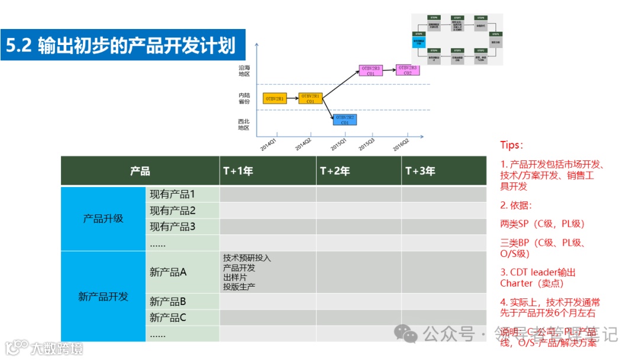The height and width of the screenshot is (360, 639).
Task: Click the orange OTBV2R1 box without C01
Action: click(x=275, y=98)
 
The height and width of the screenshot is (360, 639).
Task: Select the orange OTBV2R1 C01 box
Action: click(x=310, y=98)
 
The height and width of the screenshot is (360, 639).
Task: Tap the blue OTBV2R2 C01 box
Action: click(x=345, y=120)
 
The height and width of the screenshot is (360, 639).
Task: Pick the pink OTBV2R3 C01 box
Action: click(x=370, y=71)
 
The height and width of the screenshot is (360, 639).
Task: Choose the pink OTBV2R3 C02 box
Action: click(x=407, y=70)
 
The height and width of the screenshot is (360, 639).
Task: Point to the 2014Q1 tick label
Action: click(x=268, y=144)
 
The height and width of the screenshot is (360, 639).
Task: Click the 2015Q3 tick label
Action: click(x=367, y=144)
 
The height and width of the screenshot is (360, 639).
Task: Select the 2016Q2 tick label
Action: click(x=401, y=144)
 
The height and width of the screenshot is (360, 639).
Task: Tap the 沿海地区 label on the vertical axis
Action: click(x=244, y=71)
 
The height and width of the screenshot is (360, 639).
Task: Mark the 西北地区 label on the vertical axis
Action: click(x=244, y=124)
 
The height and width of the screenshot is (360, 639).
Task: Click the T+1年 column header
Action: click(x=238, y=171)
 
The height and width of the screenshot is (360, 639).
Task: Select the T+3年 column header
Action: click(x=420, y=171)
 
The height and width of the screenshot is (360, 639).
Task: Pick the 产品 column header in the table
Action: click(x=140, y=171)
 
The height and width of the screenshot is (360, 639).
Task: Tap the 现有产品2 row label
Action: click(x=172, y=210)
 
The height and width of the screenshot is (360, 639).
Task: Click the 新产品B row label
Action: click(x=168, y=301)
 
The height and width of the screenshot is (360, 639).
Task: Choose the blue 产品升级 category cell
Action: click(x=103, y=218)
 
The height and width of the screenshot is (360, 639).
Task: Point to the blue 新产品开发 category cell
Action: click(x=103, y=297)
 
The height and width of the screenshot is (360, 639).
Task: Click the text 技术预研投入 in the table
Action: click(x=247, y=258)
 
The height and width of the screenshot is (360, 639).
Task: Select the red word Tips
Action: click(x=511, y=145)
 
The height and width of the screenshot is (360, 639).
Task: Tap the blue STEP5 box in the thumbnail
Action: click(x=418, y=41)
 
